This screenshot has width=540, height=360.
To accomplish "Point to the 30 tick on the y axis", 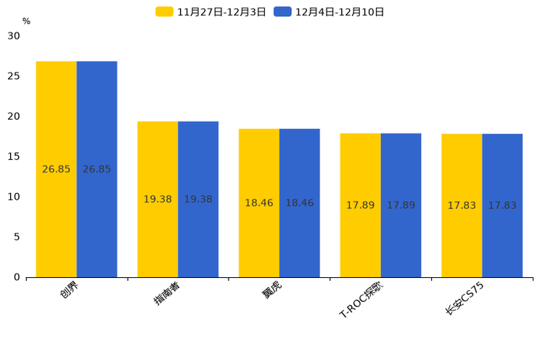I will tap(14, 36).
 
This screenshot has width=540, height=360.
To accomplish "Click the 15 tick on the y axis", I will tap(14, 156).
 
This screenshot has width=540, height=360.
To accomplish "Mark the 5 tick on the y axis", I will tap(17, 237).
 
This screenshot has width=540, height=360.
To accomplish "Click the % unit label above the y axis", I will tap(26, 21).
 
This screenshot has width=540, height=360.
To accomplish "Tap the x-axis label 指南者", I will tap(168, 293).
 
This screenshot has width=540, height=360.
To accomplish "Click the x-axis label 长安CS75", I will tap(465, 298).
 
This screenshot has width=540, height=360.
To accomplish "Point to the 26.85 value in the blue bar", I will tap(97, 169).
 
